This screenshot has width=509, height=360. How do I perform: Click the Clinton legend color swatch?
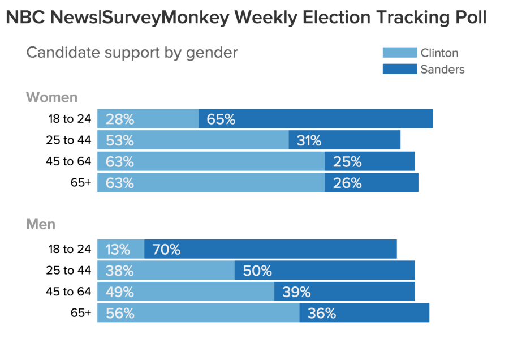coord(399,53)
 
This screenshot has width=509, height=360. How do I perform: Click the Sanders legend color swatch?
coord(399,69)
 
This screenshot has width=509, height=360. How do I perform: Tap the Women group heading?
coord(52,97)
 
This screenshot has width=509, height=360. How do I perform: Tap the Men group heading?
coord(41,224)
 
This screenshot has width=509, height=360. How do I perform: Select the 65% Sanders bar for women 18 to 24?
coord(316,119)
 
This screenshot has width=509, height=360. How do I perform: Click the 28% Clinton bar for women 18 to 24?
coord(148,119)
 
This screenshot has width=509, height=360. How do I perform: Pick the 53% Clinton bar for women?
coord(193,140)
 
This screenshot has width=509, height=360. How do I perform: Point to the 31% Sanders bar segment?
coord(344,140)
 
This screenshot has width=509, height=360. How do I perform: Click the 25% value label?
coord(347,162)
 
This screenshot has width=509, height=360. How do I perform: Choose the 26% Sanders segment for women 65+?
coord(372,183)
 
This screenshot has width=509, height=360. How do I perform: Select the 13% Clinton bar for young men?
coord(120,249)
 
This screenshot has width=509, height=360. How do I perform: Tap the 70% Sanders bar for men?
coord(270,249)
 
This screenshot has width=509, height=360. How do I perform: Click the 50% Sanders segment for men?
coord(325,271)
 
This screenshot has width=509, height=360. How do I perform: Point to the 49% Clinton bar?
coord(186,292)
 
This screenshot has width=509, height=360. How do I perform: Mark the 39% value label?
coord(297,292)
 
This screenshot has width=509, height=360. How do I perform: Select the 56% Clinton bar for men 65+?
coord(198,313)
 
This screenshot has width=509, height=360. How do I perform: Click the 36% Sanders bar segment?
coord(364,313)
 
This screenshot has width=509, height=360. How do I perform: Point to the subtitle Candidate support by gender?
coord(132,53)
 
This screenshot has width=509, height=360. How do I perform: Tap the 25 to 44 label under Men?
coord(68,271)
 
